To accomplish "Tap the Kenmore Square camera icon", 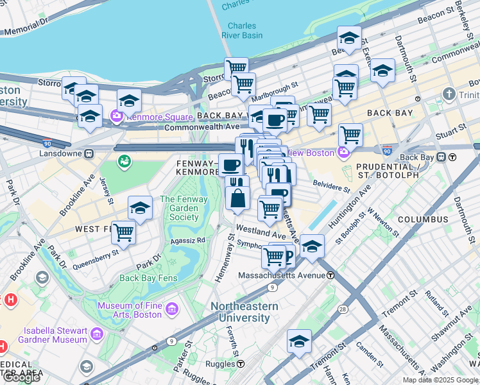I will pos(117,117).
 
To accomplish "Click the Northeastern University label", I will pos(244,312).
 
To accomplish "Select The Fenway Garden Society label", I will pos(184,208).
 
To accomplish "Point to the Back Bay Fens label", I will pos(148,278).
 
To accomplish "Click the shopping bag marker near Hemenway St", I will pos(237,199).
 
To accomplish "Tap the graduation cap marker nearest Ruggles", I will pos(299,341).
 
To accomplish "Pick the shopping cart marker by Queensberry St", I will pos(123,233).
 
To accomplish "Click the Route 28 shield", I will pos(343,310).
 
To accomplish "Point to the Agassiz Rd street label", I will pos(188,240).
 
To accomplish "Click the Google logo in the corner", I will pos(21,377).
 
